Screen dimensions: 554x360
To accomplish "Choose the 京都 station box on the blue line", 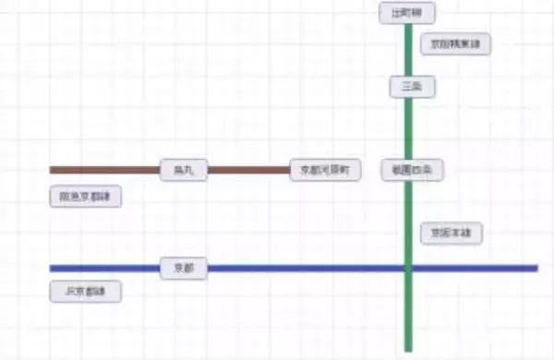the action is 184,269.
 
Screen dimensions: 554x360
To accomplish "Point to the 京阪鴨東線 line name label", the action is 455,43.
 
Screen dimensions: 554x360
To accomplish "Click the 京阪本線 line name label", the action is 452,234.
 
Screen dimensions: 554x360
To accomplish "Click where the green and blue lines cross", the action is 407,269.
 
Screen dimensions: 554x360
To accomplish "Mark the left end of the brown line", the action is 52,170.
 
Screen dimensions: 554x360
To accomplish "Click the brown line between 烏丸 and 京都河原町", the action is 247,170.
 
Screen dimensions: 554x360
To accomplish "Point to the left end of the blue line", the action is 52,269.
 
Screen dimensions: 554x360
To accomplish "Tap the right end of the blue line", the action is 536,269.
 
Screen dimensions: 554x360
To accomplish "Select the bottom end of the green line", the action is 407,349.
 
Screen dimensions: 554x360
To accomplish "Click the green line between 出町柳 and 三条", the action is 407,51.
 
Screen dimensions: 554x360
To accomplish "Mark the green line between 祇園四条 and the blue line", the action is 407,222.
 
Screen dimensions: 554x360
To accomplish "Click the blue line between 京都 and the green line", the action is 305,269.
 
